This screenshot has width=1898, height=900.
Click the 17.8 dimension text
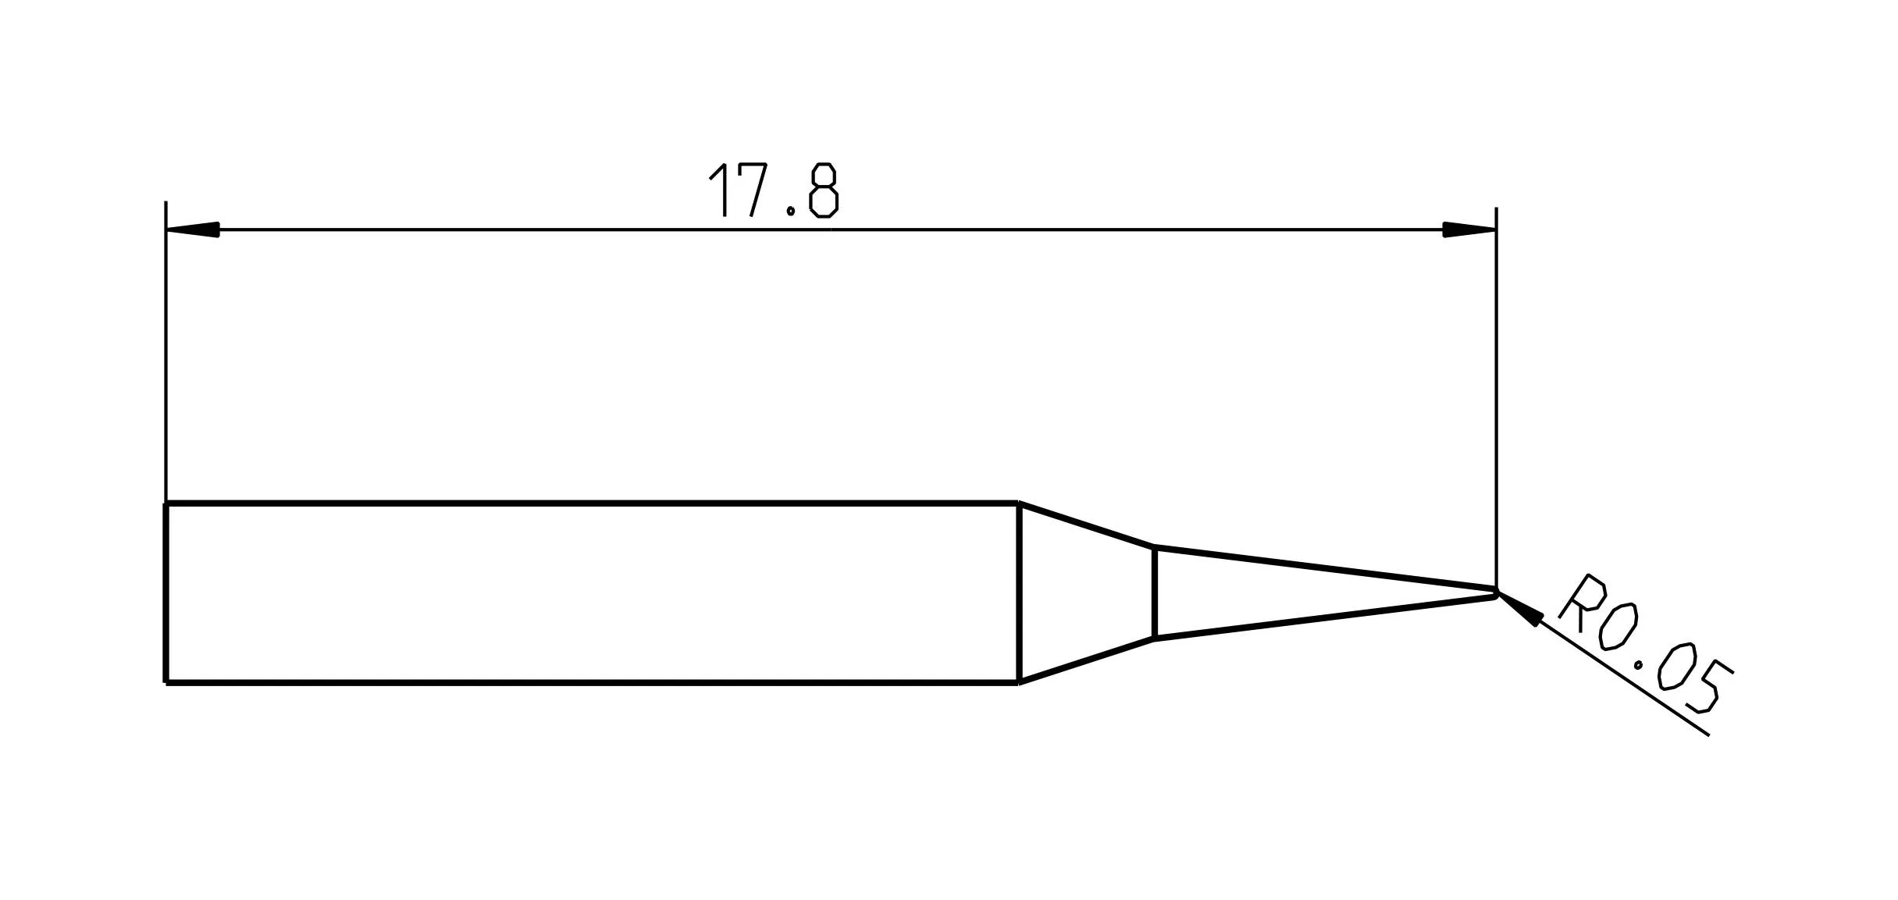pyautogui.click(x=773, y=190)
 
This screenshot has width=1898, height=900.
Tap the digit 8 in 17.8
pyautogui.click(x=824, y=190)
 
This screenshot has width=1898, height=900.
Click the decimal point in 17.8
pyautogui.click(x=791, y=211)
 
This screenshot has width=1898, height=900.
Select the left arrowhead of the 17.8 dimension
pyautogui.click(x=194, y=229)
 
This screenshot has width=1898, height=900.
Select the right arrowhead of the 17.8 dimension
pyautogui.click(x=1468, y=229)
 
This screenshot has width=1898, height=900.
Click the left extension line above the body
pyautogui.click(x=166, y=351)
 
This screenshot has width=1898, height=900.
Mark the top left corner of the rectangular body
pyautogui.click(x=166, y=504)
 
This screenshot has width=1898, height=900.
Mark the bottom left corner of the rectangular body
pyautogui.click(x=166, y=683)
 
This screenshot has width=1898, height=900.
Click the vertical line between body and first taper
pyautogui.click(x=1019, y=593)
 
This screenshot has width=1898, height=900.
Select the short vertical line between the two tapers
pyautogui.click(x=1154, y=593)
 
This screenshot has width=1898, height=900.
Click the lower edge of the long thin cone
pyautogui.click(x=1327, y=617)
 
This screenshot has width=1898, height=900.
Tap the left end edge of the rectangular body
pyautogui.click(x=166, y=593)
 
